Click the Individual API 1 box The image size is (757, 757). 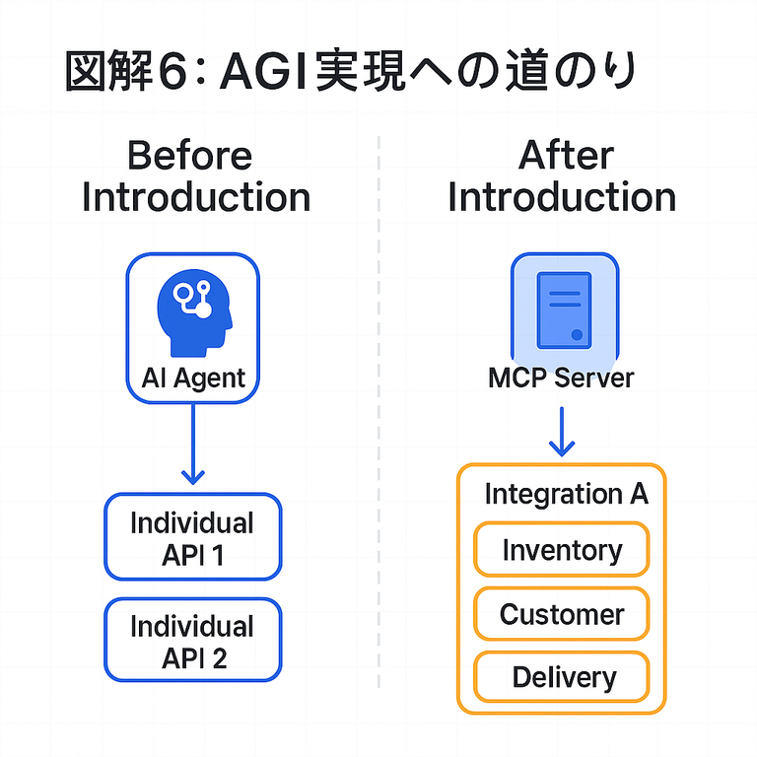click(192, 537)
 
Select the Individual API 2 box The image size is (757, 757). click(192, 641)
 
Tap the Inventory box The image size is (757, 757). click(562, 550)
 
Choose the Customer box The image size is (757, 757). click(562, 614)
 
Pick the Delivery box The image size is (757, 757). click(562, 677)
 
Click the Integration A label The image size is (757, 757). click(566, 494)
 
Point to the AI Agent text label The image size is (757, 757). click(193, 378)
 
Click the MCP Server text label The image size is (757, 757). click(561, 378)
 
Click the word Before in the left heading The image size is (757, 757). click(189, 156)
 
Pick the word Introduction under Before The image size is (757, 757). click(195, 197)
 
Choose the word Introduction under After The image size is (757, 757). click(562, 197)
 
